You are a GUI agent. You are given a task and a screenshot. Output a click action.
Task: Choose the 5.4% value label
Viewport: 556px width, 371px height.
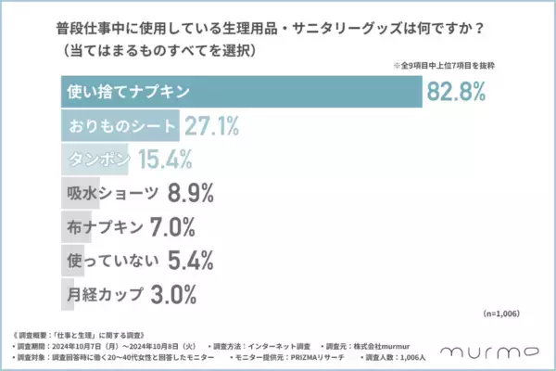click(x=192, y=261)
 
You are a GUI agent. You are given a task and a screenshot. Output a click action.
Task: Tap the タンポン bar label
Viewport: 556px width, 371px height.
click(x=98, y=160)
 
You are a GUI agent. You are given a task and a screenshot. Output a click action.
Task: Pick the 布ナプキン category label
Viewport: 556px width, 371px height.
click(x=106, y=227)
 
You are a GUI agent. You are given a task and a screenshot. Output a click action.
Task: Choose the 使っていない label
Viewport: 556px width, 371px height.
click(x=111, y=261)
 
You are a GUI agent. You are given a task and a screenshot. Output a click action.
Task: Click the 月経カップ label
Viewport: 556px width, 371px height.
click(x=106, y=295)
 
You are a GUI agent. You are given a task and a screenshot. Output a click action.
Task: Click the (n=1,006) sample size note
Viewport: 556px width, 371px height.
click(x=508, y=315)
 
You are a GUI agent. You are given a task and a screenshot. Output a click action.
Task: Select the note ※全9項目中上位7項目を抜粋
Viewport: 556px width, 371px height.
click(x=446, y=65)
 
